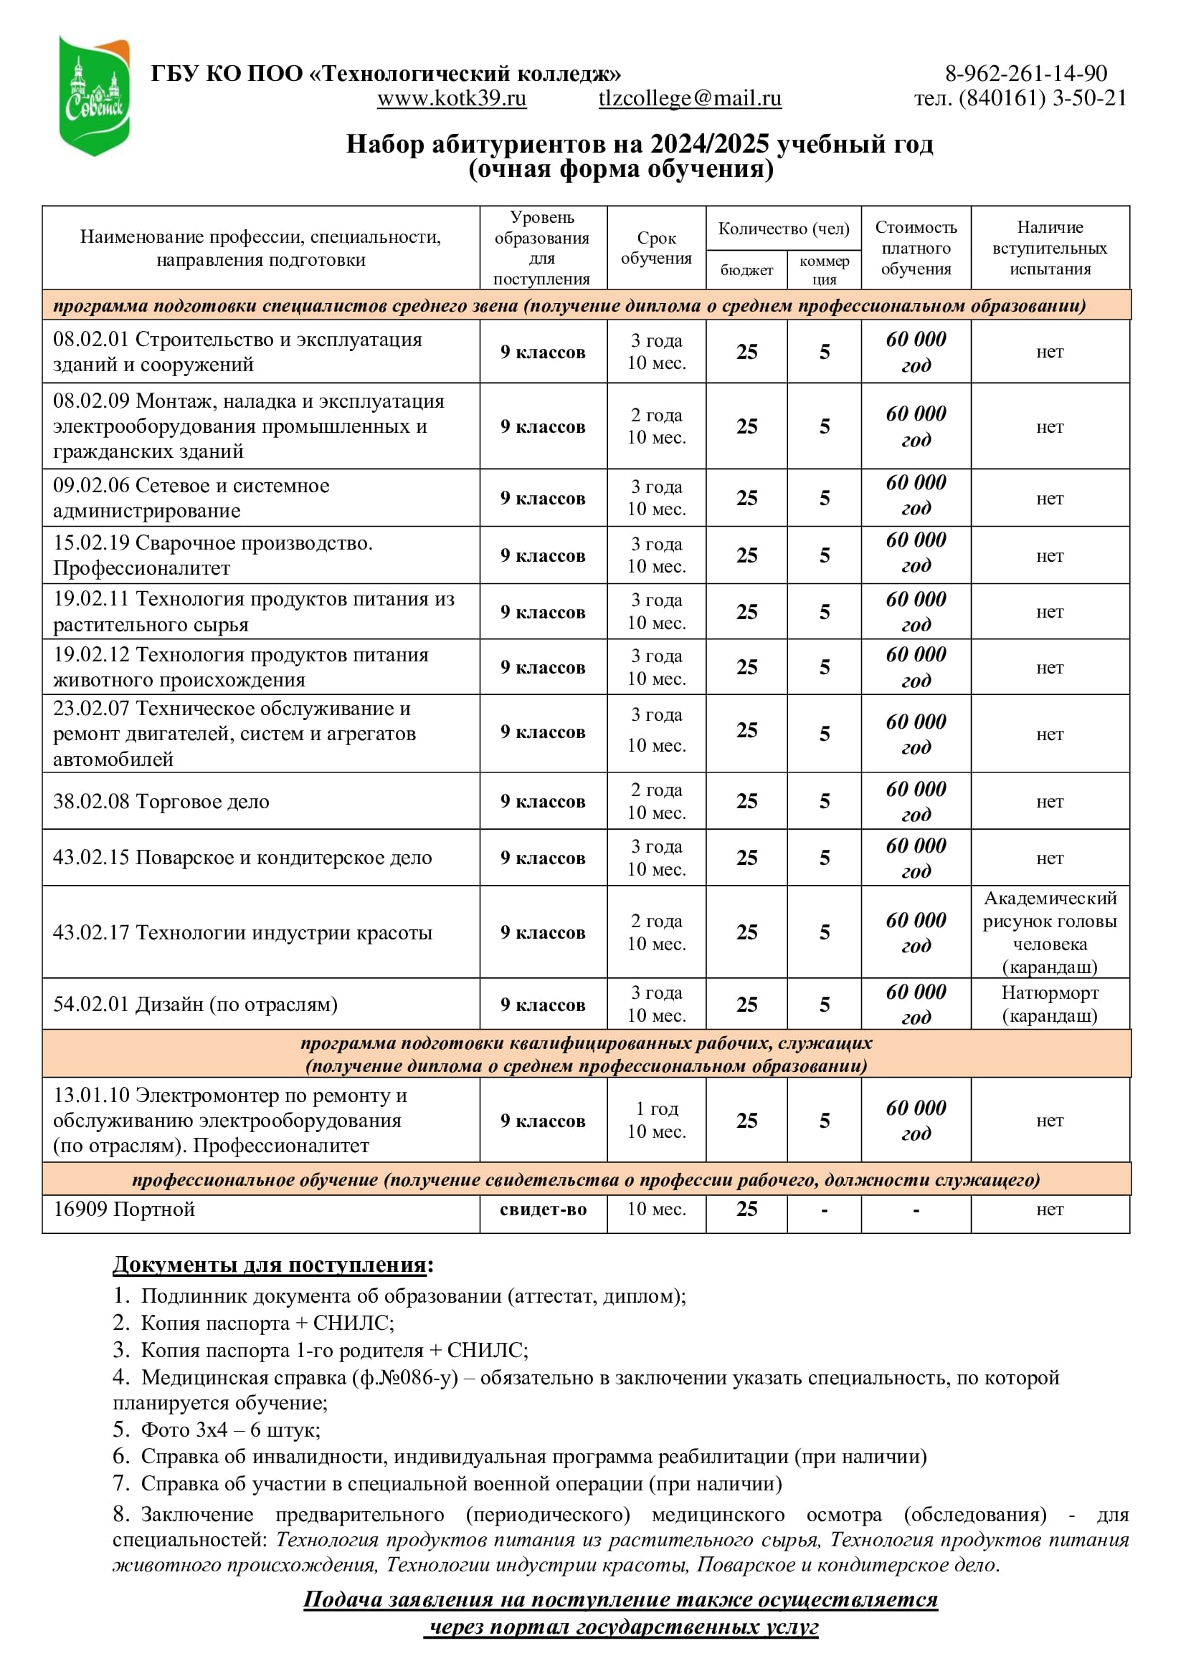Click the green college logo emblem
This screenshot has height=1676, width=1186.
[94, 95]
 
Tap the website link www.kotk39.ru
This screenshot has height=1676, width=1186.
[451, 98]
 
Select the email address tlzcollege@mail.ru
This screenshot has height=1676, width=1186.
[689, 98]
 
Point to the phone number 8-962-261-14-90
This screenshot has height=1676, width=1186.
[1026, 73]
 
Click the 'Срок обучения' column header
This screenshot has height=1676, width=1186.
[656, 248]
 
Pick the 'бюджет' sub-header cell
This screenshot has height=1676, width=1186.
[746, 270]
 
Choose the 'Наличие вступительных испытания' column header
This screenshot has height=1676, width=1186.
[1050, 248]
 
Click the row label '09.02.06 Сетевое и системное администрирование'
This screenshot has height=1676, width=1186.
[191, 498]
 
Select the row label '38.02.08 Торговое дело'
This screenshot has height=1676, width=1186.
[161, 802]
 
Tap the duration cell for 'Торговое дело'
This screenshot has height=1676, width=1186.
[656, 801]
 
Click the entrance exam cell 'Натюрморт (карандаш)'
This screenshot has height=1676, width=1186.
[1050, 1004]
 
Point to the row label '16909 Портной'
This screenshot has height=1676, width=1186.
[124, 1209]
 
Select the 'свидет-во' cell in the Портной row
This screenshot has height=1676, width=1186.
[543, 1209]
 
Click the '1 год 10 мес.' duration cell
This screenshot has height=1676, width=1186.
[656, 1120]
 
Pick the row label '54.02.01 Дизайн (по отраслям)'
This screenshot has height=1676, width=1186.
[196, 1004]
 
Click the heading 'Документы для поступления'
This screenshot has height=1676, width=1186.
[270, 1264]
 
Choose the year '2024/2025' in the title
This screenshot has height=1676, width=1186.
[709, 144]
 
